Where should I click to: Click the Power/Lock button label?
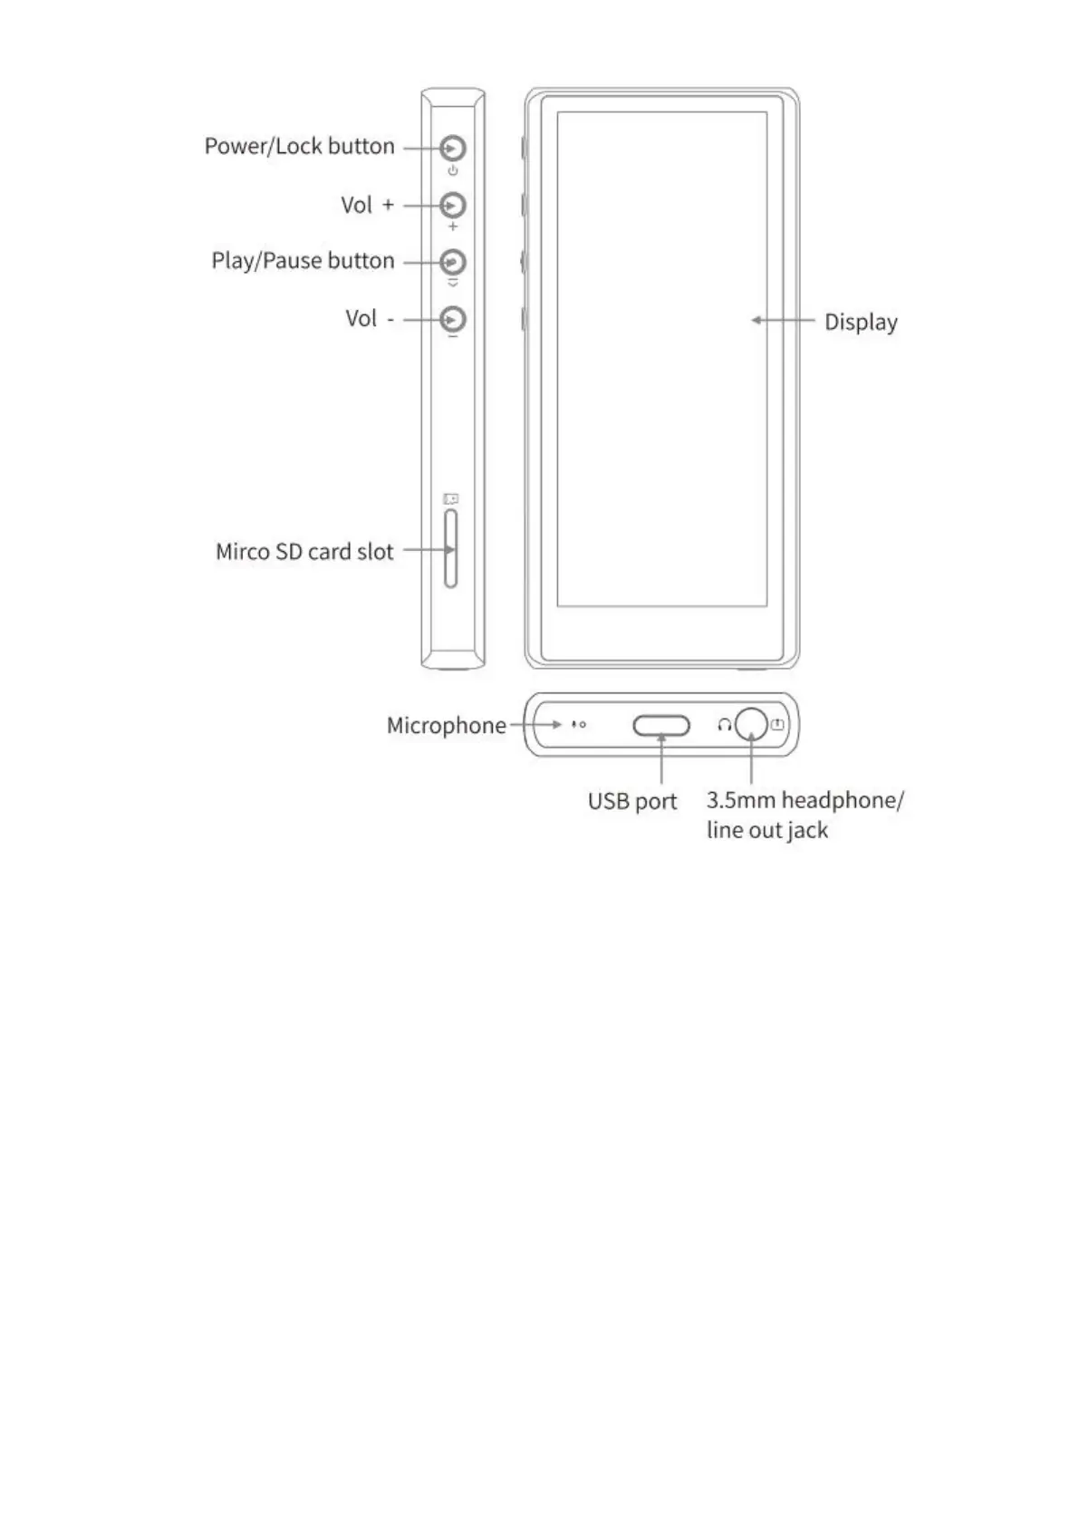(299, 147)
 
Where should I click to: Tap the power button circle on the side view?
(453, 148)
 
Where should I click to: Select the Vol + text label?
(367, 206)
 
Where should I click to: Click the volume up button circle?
(453, 206)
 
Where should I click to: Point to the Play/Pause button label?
(303, 261)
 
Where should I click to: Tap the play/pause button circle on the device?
(453, 262)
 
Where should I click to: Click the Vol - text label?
(369, 319)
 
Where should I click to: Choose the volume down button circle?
(453, 319)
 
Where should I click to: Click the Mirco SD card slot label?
(304, 552)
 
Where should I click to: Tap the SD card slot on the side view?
(451, 549)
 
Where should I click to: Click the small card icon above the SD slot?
(450, 498)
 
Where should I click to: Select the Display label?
(861, 323)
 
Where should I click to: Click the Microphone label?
(446, 726)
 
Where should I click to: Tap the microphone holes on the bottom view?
(578, 725)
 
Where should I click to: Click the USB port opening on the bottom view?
(661, 726)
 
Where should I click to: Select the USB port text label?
(632, 802)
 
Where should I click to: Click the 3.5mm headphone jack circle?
(751, 724)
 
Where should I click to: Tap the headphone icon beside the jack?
(724, 725)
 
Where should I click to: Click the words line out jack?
(766, 831)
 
